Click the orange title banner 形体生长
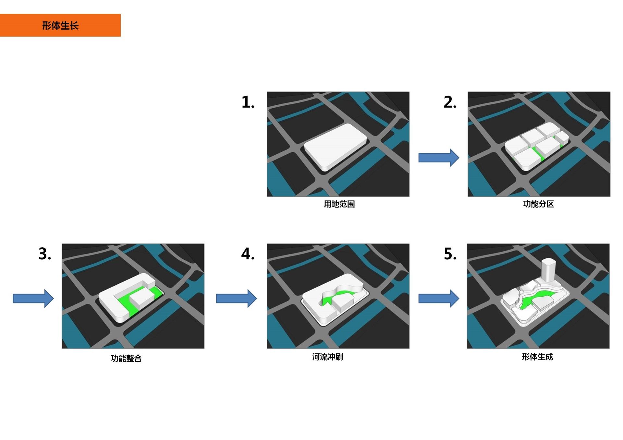pyautogui.click(x=60, y=25)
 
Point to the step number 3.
pyautogui.click(x=45, y=254)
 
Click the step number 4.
pyautogui.click(x=248, y=254)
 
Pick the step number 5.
pyautogui.click(x=450, y=254)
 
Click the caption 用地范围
pyautogui.click(x=339, y=204)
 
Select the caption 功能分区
pyautogui.click(x=538, y=204)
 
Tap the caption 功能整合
pyautogui.click(x=126, y=358)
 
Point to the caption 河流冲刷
pyautogui.click(x=327, y=357)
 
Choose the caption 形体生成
pyautogui.click(x=537, y=357)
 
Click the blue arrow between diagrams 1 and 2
pyautogui.click(x=439, y=158)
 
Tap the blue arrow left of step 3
pyautogui.click(x=33, y=298)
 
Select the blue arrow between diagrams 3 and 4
pyautogui.click(x=236, y=298)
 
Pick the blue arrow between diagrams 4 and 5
pyautogui.click(x=439, y=298)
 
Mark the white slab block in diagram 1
pyautogui.click(x=336, y=147)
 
